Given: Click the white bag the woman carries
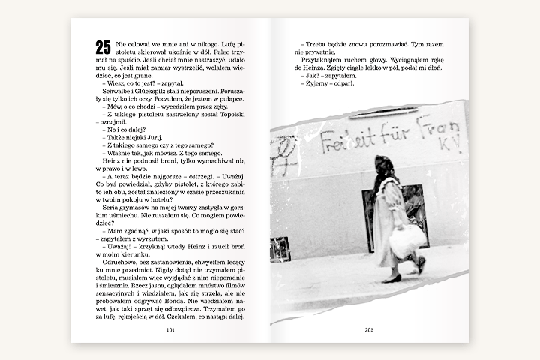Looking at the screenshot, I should [407, 241].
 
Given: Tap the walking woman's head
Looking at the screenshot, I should [384, 166].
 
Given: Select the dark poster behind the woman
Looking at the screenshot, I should [415, 214].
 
